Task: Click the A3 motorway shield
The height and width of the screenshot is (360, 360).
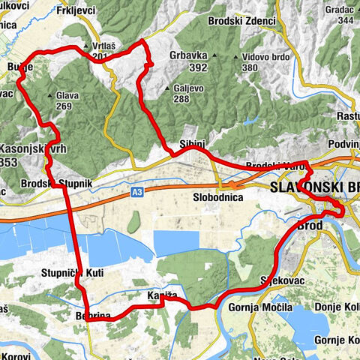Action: click(136, 193)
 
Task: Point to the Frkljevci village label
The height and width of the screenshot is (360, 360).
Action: click(81, 10)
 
